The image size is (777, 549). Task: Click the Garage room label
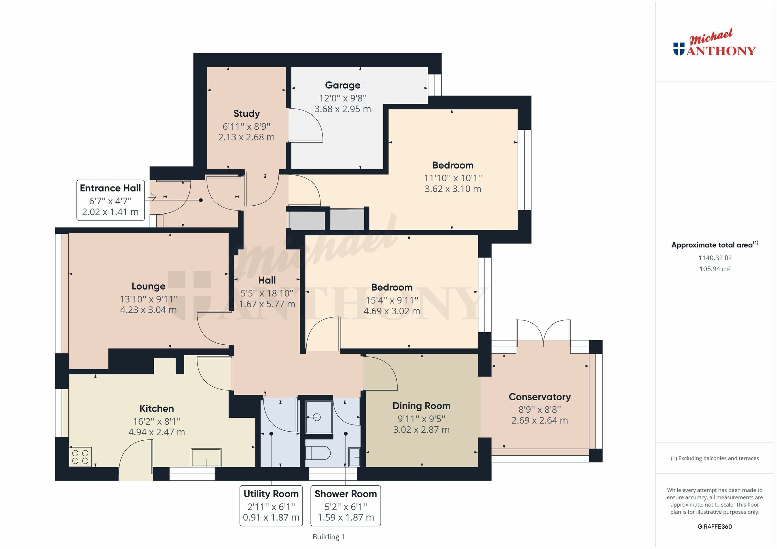click(x=343, y=85)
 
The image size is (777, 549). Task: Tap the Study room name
click(x=246, y=113)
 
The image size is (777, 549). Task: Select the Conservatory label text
click(x=539, y=396)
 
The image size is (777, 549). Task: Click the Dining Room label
click(x=421, y=406)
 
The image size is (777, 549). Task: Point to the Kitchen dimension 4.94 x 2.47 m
click(x=157, y=432)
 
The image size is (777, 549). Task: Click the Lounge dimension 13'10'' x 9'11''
click(x=149, y=299)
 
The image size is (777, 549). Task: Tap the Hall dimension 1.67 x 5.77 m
click(x=267, y=304)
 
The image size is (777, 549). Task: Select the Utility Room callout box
click(x=271, y=505)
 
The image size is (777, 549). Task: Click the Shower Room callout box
click(x=345, y=505)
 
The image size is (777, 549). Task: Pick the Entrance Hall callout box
click(x=110, y=200)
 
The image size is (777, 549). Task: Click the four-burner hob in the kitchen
click(x=80, y=457)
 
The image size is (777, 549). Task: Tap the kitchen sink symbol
click(x=206, y=458)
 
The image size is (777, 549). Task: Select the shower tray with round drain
click(x=319, y=417)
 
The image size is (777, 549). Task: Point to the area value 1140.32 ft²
click(x=715, y=258)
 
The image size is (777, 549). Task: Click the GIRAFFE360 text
click(x=715, y=526)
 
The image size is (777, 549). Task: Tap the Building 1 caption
click(x=328, y=536)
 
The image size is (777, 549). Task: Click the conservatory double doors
click(x=543, y=333)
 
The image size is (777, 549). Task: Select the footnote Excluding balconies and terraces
click(x=715, y=458)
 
